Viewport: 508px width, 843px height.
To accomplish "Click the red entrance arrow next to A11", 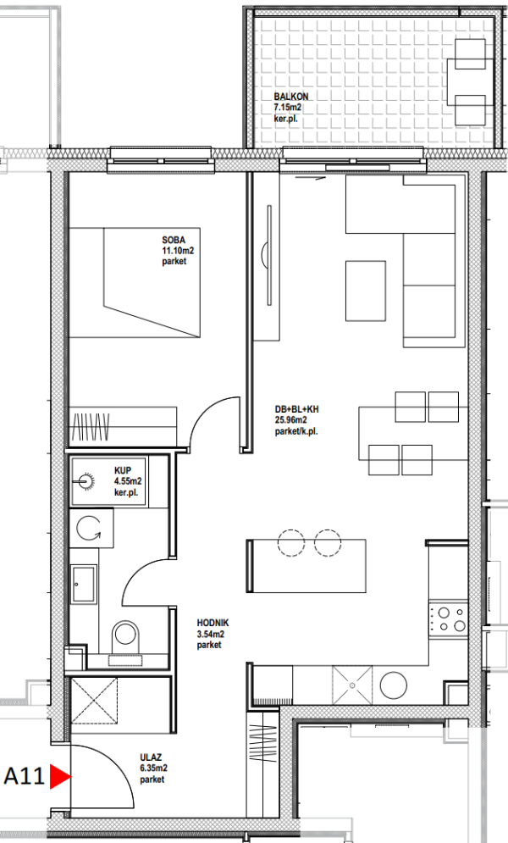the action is point(59,777).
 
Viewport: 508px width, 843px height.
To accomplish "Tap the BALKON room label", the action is point(291,97).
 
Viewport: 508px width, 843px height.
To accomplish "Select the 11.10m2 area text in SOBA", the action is point(178,251).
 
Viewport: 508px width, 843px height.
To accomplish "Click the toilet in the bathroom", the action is point(125,634).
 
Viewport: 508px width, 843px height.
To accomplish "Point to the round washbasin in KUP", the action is point(85,480).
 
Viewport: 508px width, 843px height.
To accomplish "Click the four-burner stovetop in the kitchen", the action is point(449,618).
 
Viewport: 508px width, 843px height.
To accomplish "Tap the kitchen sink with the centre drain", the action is point(351,685).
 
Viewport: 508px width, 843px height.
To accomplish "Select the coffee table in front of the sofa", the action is point(365,291).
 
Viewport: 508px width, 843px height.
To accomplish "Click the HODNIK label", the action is point(213,623).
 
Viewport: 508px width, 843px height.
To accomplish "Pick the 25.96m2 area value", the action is point(291,420).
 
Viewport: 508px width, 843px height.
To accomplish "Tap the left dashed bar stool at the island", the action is point(291,542).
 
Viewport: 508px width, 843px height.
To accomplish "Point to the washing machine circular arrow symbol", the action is point(89,528).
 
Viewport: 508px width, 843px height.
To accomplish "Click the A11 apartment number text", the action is point(25,777).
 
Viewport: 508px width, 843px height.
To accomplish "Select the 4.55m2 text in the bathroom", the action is point(128,481).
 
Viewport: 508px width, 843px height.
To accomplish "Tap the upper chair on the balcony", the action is point(470,53).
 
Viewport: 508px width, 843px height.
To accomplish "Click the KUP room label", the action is point(123,470).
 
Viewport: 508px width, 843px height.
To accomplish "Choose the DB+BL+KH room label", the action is point(296,409).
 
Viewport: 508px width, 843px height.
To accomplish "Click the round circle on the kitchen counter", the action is point(393,685).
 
